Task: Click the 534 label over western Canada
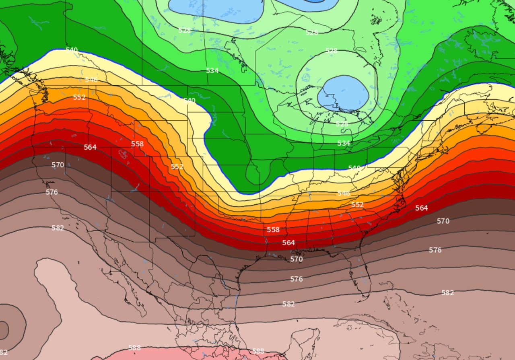212,71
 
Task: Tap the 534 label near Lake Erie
344,143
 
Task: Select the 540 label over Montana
189,101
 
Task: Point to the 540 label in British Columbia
72,50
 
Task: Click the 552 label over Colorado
177,167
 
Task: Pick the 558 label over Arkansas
273,230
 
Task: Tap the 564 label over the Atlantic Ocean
422,208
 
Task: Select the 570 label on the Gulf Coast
297,259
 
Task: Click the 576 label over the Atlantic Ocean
435,250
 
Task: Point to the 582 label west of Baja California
58,228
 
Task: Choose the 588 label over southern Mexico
258,351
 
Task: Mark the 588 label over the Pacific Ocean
134,348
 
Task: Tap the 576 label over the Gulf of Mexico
297,279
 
